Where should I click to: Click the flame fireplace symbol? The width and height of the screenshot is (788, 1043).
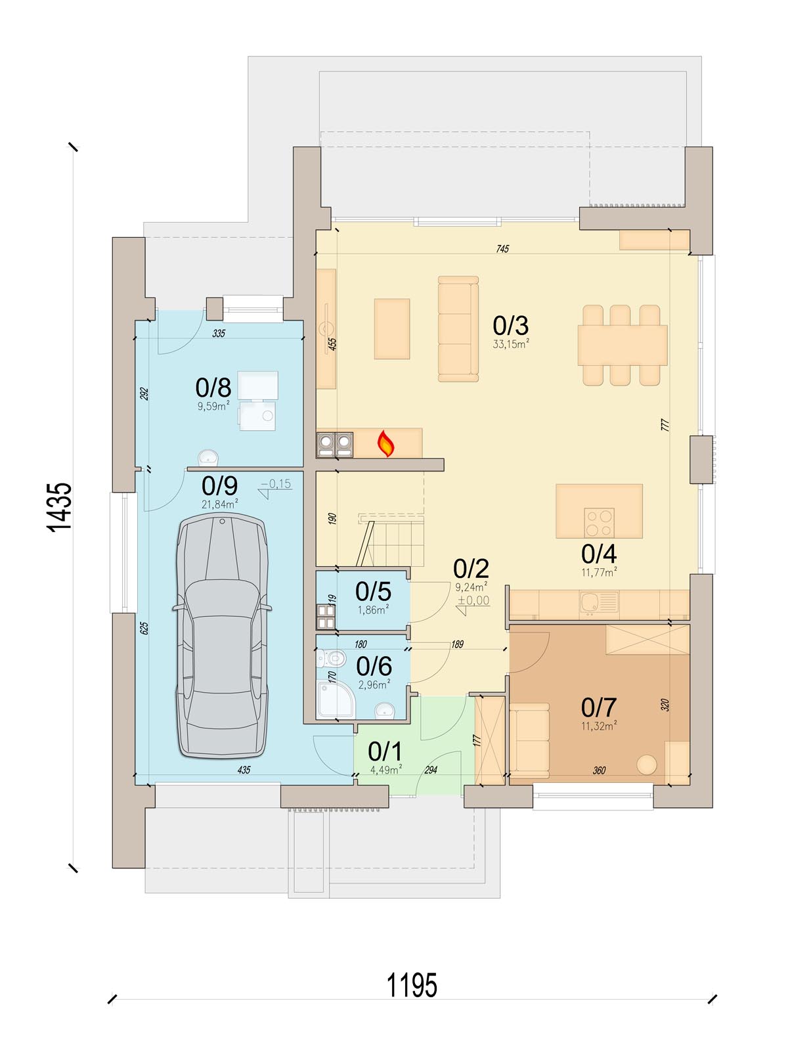point(385,443)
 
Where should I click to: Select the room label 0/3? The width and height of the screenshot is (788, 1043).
point(510,326)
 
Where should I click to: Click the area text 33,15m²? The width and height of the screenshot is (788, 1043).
point(511,344)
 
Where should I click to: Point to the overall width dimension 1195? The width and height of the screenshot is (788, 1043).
point(412,985)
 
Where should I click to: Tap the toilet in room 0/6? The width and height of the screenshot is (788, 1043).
point(332,659)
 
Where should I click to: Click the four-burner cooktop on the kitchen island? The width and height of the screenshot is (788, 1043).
point(600,522)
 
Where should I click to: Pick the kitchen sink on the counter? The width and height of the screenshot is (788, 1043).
point(599,603)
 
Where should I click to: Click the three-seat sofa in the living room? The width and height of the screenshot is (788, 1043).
point(458,329)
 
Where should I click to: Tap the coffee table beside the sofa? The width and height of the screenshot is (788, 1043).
point(392,329)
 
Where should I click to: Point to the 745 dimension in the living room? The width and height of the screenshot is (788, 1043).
point(502,248)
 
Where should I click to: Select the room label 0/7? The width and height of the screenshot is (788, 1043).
point(598,707)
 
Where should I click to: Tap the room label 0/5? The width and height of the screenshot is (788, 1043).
point(374,592)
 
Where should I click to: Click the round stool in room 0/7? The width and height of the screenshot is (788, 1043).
point(646,765)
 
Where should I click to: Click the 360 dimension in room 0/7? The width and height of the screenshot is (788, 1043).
point(599,770)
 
